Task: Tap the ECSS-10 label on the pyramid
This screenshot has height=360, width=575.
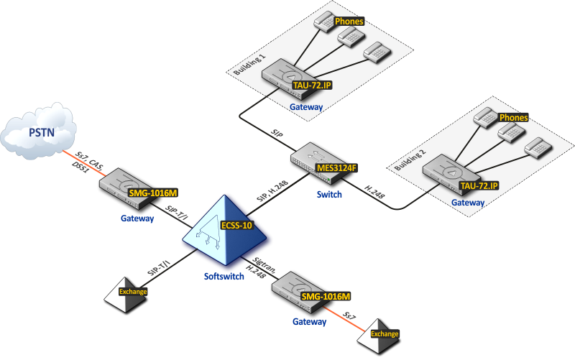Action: click(237, 224)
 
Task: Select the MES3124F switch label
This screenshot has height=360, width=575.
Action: click(336, 168)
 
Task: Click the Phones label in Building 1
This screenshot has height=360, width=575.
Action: click(349, 22)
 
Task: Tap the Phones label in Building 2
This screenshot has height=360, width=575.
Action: click(513, 117)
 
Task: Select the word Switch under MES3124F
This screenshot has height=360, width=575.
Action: click(328, 194)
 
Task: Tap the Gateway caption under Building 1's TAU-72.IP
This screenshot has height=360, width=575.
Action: click(306, 107)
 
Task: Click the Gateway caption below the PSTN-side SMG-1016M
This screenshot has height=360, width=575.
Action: click(138, 218)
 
